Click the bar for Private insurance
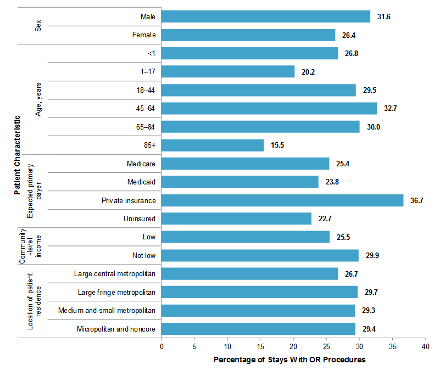pos(282,200)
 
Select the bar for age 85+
pos(213,145)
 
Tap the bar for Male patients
pos(266,17)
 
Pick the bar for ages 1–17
pos(228,72)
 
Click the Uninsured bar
pos(236,218)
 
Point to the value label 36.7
pos(417,200)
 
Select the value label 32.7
pos(391,109)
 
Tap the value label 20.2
pos(308,72)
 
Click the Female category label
pos(144,35)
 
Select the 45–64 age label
pos(145,109)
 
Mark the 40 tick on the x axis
pos(425,347)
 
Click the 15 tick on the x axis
pos(260,347)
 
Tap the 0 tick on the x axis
pos(161,347)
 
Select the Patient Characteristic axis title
pos(18,154)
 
